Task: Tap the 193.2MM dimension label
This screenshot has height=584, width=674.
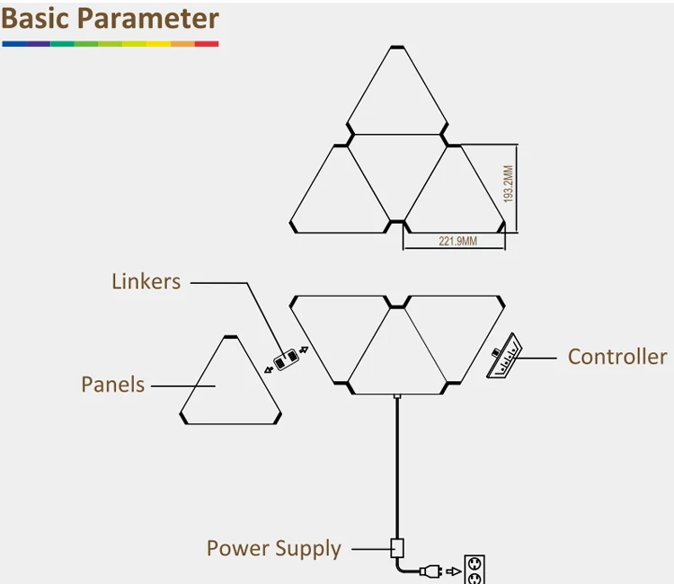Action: [x=508, y=184]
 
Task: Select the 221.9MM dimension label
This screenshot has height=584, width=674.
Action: [x=457, y=241]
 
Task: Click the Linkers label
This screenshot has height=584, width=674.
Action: [x=146, y=281]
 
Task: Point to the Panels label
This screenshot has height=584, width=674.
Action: [x=112, y=385]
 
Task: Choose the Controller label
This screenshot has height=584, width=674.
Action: [x=617, y=357]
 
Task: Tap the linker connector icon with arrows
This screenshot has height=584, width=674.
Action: [x=286, y=359]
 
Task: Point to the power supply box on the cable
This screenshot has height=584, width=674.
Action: [x=396, y=546]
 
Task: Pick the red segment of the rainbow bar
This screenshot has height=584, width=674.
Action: [x=207, y=43]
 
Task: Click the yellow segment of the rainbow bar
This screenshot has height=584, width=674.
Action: [x=158, y=43]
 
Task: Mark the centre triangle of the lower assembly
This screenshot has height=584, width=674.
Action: [x=396, y=355]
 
